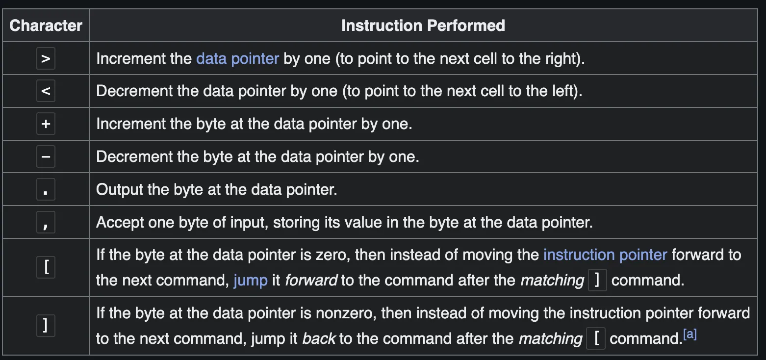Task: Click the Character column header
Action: (46, 26)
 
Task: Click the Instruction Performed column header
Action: (423, 26)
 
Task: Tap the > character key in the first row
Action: (46, 59)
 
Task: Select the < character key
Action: (46, 91)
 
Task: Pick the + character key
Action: (46, 124)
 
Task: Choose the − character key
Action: (46, 157)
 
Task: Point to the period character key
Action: (46, 190)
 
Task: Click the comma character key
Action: (46, 223)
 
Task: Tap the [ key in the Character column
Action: (46, 268)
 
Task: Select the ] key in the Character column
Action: (46, 326)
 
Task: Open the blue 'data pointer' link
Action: (237, 59)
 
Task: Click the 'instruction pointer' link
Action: (605, 255)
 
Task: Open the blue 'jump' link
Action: (251, 281)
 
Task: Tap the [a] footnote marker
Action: (690, 335)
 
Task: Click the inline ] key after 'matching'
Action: (597, 281)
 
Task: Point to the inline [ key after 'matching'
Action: (596, 338)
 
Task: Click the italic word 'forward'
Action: (311, 281)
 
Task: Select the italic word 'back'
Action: (319, 338)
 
